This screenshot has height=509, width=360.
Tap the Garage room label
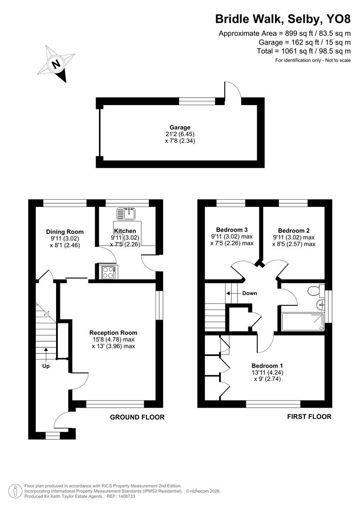(x=180, y=127)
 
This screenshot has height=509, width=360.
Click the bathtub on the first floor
(x=302, y=321)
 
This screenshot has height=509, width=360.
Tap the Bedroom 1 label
(x=267, y=366)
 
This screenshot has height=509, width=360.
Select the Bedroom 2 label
(x=294, y=230)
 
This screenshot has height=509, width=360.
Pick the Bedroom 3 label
(x=232, y=230)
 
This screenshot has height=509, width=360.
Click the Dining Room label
(x=65, y=231)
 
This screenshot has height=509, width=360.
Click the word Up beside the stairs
(x=46, y=365)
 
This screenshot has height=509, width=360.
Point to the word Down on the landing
(x=249, y=293)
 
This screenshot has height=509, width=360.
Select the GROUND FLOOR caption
(x=137, y=417)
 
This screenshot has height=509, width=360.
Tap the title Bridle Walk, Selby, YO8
(x=283, y=19)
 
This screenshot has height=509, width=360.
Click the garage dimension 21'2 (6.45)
(x=180, y=134)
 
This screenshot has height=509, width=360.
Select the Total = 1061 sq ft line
(x=303, y=51)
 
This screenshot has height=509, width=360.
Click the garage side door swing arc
(x=233, y=90)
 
